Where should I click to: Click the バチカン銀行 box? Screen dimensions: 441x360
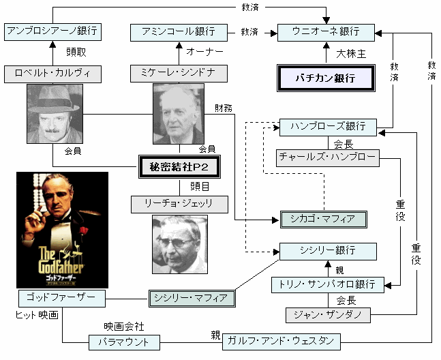click(x=326, y=78)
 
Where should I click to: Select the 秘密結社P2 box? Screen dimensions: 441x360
click(x=179, y=167)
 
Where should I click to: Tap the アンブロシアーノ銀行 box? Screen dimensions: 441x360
click(x=53, y=32)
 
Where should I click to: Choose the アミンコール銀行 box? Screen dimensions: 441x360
click(x=179, y=33)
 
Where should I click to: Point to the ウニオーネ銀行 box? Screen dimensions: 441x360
click(x=326, y=33)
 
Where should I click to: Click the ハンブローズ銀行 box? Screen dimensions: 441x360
click(x=328, y=127)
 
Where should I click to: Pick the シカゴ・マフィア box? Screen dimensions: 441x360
click(x=324, y=220)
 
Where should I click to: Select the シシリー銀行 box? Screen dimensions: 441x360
click(x=328, y=252)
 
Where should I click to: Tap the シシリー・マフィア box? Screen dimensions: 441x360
click(x=192, y=299)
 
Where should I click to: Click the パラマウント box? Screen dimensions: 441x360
click(x=124, y=342)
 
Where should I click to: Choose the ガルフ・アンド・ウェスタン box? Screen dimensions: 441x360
click(x=282, y=342)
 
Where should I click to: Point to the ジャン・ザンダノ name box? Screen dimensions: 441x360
click(x=328, y=315)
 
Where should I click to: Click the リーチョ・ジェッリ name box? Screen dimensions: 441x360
click(x=179, y=205)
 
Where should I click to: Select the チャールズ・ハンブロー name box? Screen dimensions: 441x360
click(x=328, y=158)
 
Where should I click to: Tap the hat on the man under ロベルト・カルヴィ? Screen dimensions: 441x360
click(x=53, y=99)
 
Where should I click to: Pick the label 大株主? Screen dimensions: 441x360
click(x=351, y=54)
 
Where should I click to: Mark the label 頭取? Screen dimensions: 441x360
click(x=76, y=52)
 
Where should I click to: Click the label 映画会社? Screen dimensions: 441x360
click(x=124, y=327)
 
